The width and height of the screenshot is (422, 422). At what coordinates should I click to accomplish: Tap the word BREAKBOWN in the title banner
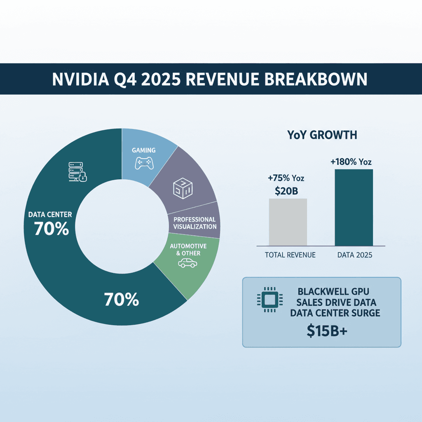[x=321, y=79]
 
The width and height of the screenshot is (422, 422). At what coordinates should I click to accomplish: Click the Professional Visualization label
[x=195, y=223]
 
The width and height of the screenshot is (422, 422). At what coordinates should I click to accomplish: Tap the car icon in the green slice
[x=188, y=263]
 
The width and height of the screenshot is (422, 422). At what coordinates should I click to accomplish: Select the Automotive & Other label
[x=188, y=249]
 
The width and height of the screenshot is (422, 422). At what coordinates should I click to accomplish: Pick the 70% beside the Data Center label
[x=51, y=230]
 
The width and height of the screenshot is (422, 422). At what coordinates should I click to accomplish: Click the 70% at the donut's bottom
[x=121, y=300]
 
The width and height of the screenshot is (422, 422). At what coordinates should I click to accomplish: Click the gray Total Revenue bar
[x=288, y=222]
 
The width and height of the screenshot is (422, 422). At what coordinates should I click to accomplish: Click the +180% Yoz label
[x=351, y=162]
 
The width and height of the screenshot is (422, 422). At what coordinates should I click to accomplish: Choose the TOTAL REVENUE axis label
[x=290, y=255]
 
